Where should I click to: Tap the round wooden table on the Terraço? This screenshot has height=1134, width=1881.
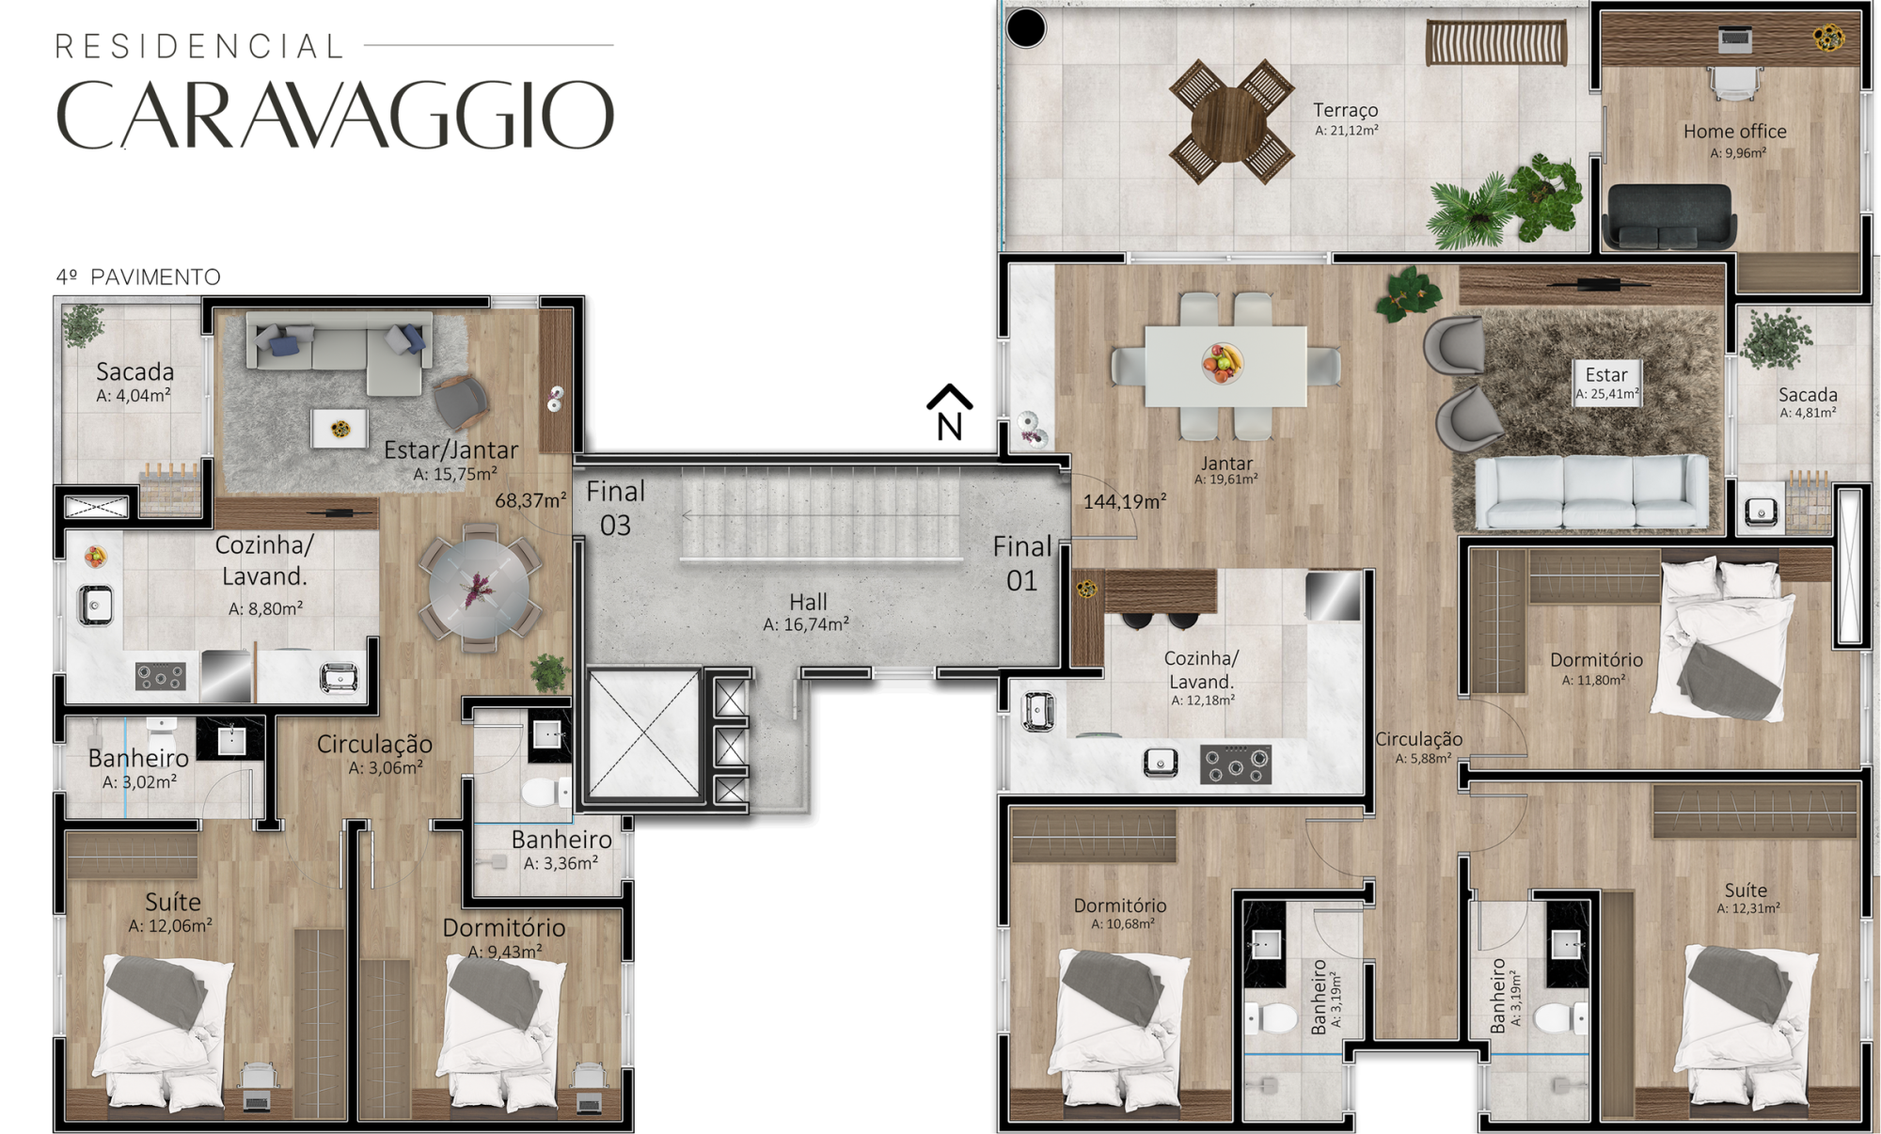pos(1229,123)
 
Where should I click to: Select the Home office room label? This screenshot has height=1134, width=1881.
pos(1734,132)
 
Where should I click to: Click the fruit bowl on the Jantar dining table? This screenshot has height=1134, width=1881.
pos(1222,363)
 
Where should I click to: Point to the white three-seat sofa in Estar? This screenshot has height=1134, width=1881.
pos(1591,491)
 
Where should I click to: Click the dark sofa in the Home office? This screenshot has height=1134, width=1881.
pos(1669,216)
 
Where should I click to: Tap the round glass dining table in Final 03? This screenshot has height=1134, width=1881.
pos(479,590)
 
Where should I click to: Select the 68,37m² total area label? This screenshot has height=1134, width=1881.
pos(530,500)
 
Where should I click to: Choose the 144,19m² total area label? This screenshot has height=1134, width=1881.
pos(1125,501)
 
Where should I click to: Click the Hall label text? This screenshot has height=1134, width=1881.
pos(808,602)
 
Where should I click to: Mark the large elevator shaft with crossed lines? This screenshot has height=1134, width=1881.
pos(643,733)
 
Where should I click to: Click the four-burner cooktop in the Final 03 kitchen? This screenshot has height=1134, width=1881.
pos(160,676)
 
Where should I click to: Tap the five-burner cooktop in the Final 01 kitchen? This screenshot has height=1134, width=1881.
pos(1236,764)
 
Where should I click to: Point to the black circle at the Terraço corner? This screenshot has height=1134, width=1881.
pos(1026,28)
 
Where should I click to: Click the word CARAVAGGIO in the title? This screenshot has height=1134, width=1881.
pos(336,115)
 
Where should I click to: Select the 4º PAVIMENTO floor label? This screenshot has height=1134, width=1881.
pos(138,277)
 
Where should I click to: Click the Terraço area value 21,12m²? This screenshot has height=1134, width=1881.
pos(1347,131)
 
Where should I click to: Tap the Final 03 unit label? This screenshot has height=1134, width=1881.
pos(616,509)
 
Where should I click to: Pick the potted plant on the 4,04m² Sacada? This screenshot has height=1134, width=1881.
pos(84,324)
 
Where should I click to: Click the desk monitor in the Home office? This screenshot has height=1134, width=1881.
pos(1735,39)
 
